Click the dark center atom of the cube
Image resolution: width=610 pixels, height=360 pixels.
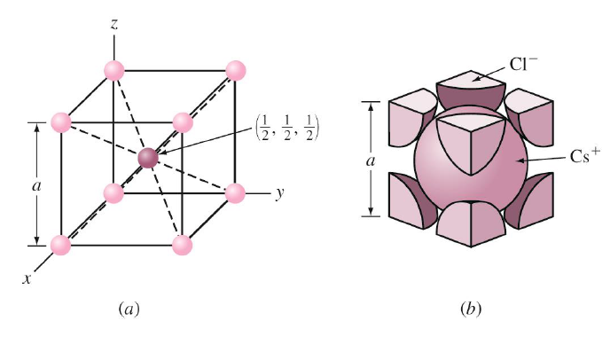coord(148,158)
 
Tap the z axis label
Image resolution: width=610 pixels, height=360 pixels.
coord(114,24)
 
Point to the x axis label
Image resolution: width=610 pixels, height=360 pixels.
coord(27,278)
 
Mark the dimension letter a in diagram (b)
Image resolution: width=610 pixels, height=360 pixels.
coord(371,160)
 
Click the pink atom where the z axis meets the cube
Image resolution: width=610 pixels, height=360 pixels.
coord(113,70)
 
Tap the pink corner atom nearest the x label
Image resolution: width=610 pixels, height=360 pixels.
coord(60,244)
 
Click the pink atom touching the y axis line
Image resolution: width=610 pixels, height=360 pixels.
coord(235,192)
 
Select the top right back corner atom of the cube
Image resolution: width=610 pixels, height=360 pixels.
coord(235,70)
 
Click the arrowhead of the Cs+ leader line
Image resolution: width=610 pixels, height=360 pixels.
coord(524,160)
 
